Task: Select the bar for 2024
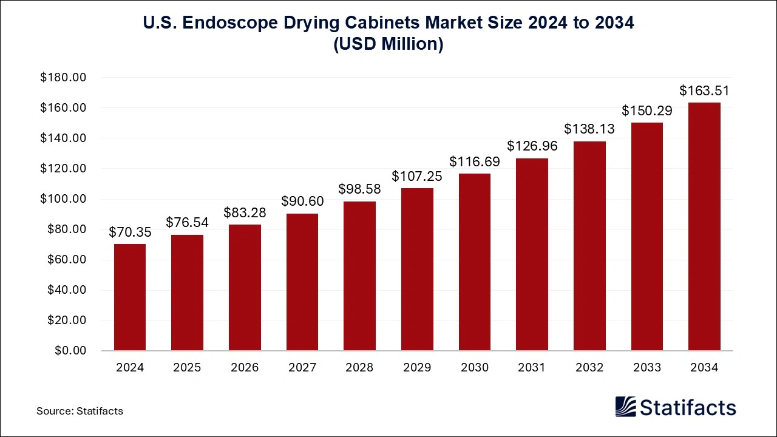[x=130, y=297]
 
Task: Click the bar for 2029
[x=417, y=269]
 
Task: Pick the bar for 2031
[x=532, y=254]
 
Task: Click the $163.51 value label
[x=704, y=91]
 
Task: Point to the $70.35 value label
[x=130, y=232]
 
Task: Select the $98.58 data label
[x=359, y=190]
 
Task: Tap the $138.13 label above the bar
[x=589, y=129]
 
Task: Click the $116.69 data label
[x=474, y=161]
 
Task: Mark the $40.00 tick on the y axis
[x=67, y=290]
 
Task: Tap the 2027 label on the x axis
[x=302, y=368]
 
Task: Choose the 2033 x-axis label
[x=646, y=368]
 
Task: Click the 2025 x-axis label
[x=188, y=368]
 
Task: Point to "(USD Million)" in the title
[x=388, y=45]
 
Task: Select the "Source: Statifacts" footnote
[x=80, y=411]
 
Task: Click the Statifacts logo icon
[x=626, y=407]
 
